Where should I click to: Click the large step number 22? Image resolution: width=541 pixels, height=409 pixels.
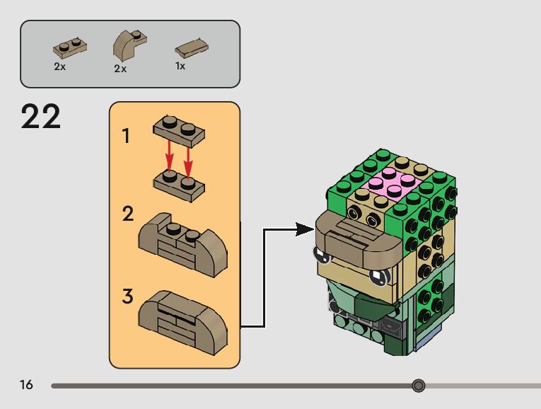(x=41, y=117)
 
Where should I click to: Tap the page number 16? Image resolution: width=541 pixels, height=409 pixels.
(x=27, y=385)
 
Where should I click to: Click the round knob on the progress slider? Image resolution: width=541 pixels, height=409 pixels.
(x=419, y=386)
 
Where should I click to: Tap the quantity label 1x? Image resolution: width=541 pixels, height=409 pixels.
(x=180, y=66)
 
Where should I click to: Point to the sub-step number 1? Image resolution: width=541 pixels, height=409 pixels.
(x=126, y=136)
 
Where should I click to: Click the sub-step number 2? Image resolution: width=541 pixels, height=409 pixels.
(x=127, y=214)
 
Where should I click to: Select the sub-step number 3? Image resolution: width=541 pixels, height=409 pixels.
(x=127, y=296)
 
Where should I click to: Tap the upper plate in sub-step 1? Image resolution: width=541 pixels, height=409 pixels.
(x=179, y=132)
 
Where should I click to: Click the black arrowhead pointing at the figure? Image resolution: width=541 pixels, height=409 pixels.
(x=305, y=229)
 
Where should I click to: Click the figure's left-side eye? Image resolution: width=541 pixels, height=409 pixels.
(x=322, y=254)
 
